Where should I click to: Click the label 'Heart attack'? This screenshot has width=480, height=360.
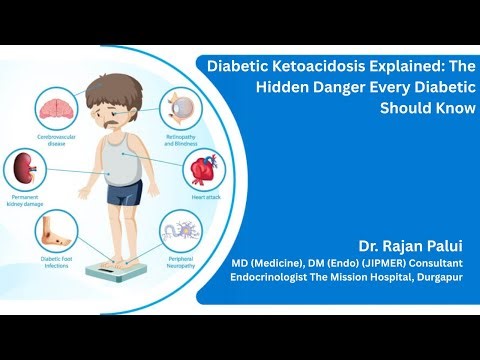(207, 198)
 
